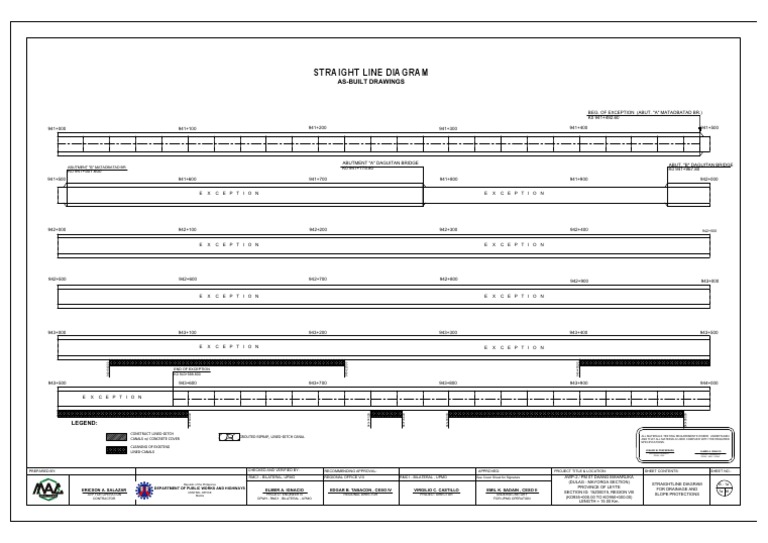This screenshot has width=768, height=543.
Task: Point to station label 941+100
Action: click(x=187, y=129)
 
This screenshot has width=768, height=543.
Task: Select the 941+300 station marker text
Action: click(x=448, y=129)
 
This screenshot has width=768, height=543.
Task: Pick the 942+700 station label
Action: click(x=318, y=280)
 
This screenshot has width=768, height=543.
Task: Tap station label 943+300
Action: click(x=448, y=332)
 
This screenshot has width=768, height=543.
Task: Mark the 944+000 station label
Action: click(x=709, y=383)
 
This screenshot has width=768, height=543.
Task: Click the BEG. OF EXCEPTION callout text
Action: click(x=644, y=113)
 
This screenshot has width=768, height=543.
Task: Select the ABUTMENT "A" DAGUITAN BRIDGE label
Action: click(x=381, y=163)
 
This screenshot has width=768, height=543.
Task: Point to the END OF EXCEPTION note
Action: click(x=191, y=370)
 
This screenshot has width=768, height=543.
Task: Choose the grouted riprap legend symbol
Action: click(x=228, y=436)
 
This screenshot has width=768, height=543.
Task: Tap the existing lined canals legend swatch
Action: click(x=115, y=451)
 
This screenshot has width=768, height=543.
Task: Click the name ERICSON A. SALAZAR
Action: click(x=102, y=490)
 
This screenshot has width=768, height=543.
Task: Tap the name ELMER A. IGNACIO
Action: click(x=283, y=489)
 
